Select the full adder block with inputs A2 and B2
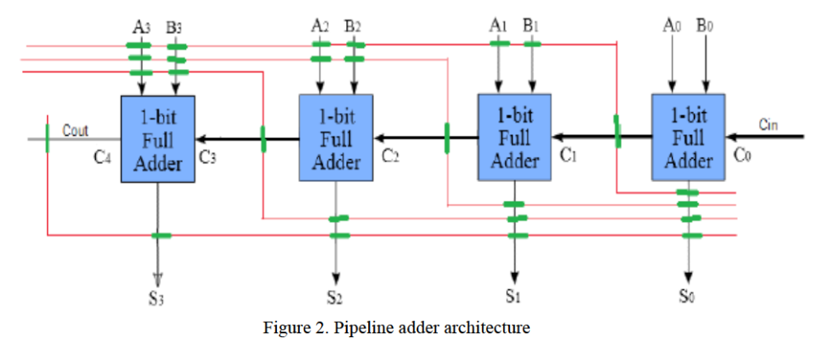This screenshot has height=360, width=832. pos(336,137)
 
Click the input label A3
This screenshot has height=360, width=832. pos(141,26)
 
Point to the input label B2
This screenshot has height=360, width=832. pos(352,26)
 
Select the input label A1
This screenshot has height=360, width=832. pos(498,26)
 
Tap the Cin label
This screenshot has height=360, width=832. pos(768,124)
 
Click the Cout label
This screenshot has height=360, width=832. pos(76,130)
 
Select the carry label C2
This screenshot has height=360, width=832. pos(392,155)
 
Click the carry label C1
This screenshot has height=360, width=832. pos(569,155)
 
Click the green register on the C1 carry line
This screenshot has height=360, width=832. pos(617,131)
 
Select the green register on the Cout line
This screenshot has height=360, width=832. pos(48,138)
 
